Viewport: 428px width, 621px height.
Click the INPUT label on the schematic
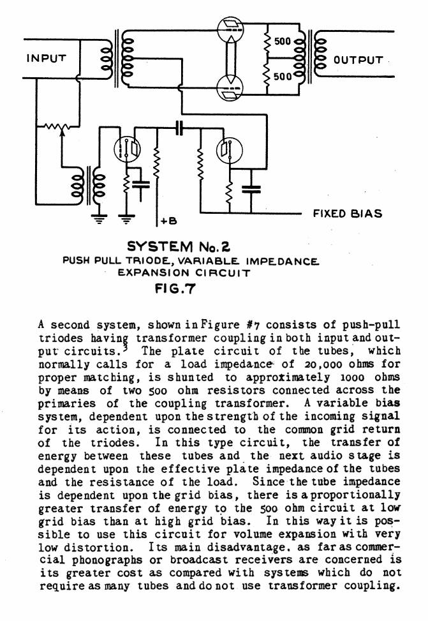(46, 58)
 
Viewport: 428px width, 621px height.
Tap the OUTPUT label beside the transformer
(358, 61)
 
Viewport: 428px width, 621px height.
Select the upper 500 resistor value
(282, 41)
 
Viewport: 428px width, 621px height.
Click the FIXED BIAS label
(347, 214)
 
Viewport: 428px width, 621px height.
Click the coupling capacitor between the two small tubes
(179, 128)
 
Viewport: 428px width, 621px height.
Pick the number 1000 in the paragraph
(323, 376)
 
